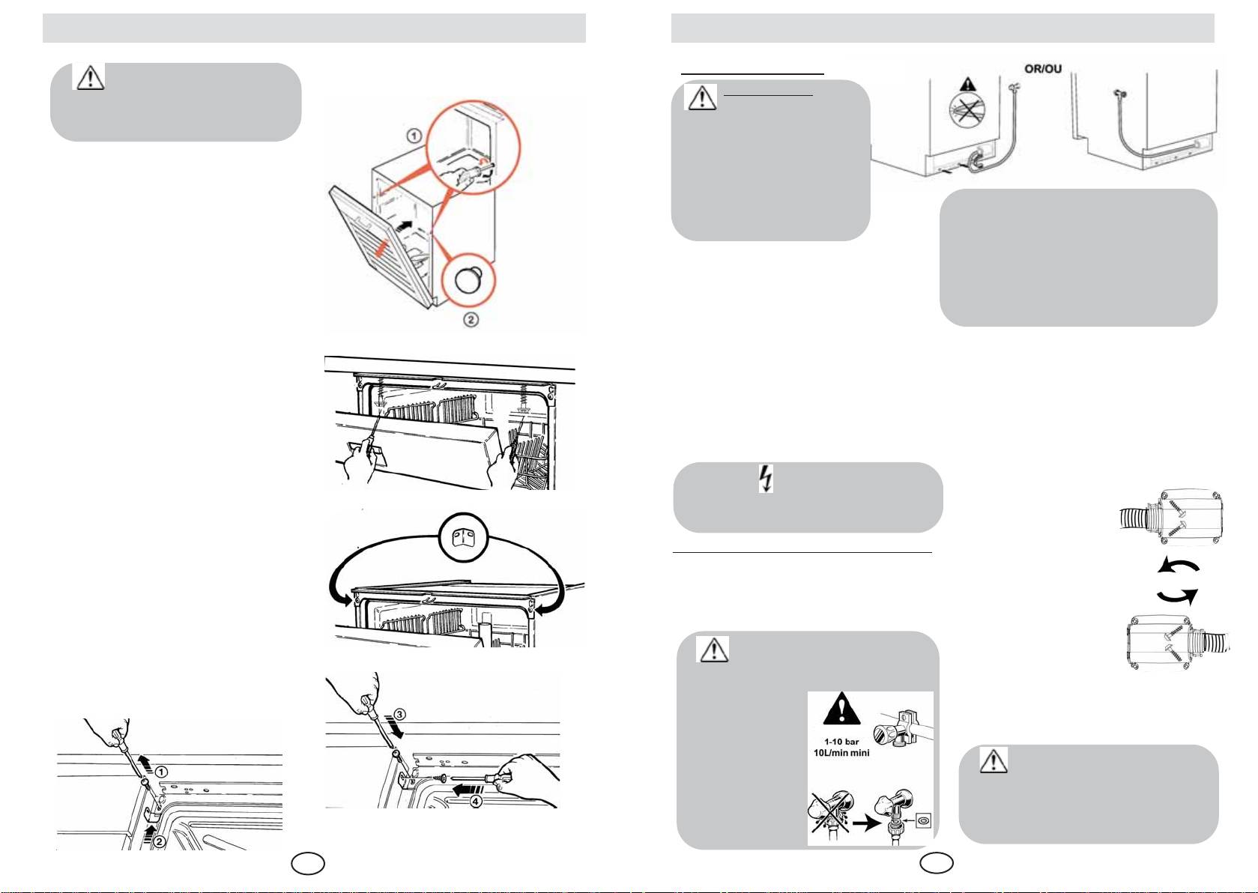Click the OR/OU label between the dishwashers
1042,69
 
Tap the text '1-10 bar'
841,742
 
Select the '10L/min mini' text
841,753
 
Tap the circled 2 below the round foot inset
471,320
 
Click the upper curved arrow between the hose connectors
1177,567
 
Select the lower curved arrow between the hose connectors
1177,596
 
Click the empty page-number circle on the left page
308,864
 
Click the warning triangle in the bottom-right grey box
994,760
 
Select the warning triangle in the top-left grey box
89,77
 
